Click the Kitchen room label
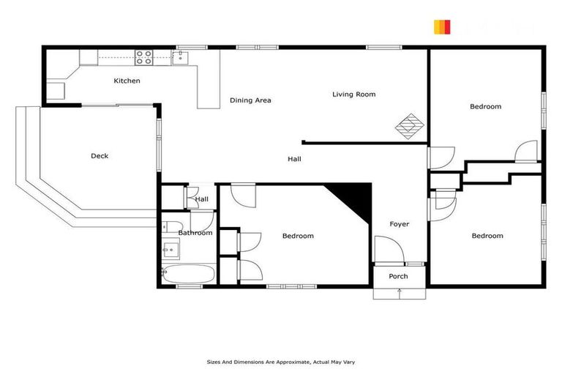point(127,81)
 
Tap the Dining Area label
point(250,100)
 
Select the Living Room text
point(353,94)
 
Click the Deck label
point(100,155)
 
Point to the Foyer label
point(399,224)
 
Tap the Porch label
point(398,276)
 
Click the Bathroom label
point(195,233)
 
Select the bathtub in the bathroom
point(188,275)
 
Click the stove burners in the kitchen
point(143,55)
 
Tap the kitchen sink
point(180,56)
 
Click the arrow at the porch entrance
point(399,292)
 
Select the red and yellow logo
point(441,27)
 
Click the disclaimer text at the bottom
point(281,362)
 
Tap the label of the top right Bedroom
point(485,107)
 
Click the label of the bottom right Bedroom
point(487,236)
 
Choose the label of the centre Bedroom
point(298,236)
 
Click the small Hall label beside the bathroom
point(202,198)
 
